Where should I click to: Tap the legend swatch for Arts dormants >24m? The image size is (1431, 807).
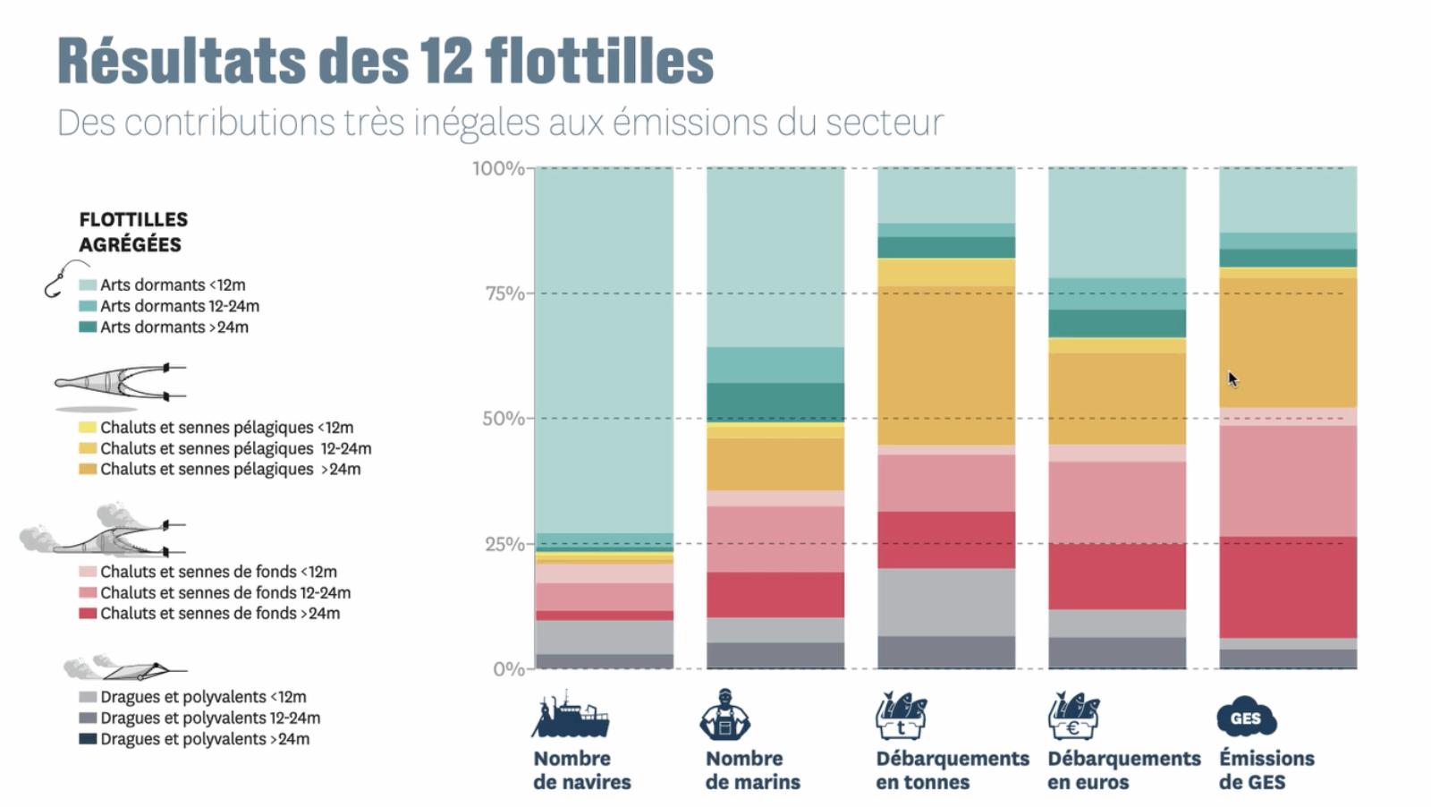[x=88, y=327]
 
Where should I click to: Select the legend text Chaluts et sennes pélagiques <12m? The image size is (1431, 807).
[x=226, y=428]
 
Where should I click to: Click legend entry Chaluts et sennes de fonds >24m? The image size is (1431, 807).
[x=219, y=614]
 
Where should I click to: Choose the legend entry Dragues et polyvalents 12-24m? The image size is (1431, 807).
[x=209, y=718]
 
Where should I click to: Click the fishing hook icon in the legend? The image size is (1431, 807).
[x=64, y=278]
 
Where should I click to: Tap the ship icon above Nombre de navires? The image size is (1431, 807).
[x=570, y=715]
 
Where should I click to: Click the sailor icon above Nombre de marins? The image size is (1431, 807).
[x=725, y=715]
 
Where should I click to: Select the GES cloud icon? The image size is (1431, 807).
[x=1246, y=718]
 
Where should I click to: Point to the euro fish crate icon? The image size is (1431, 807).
[x=1073, y=716]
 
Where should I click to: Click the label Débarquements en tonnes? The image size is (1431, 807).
[x=952, y=770]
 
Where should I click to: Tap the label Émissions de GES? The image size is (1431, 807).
[x=1266, y=770]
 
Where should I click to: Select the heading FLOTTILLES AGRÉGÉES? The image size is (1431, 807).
[x=133, y=232]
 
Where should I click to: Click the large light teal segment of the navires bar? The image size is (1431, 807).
[x=604, y=349]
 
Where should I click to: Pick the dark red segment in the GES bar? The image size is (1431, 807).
[x=1287, y=586]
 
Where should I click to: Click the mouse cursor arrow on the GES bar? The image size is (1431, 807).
[x=1232, y=378]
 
